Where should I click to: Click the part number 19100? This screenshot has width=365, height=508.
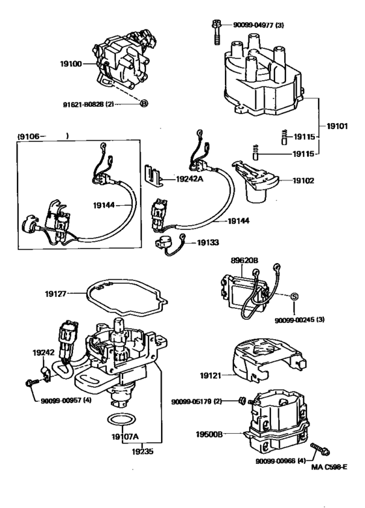coord(70,64)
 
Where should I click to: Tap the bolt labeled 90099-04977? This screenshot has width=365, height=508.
coord(216,32)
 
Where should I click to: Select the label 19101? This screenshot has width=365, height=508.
coord(337,126)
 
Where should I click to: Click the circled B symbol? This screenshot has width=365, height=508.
coord(144,104)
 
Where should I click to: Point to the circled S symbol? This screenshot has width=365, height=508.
coord(294,296)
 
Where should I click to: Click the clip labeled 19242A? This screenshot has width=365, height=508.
coord(154,175)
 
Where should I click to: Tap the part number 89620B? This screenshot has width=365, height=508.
coord(244,260)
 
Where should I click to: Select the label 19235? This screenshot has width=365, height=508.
coord(142,451)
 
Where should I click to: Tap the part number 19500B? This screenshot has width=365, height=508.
coord(209,434)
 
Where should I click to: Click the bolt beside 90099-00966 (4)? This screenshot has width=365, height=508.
coord(320,449)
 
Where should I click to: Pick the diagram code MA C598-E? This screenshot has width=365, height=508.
coord(329,467)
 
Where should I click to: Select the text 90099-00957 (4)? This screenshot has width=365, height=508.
coord(66,401)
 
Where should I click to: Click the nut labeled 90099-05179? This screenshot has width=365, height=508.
coord(242,401)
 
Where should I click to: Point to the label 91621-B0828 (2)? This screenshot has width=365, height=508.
coord(89,105)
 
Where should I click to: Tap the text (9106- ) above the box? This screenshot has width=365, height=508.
coord(43,136)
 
